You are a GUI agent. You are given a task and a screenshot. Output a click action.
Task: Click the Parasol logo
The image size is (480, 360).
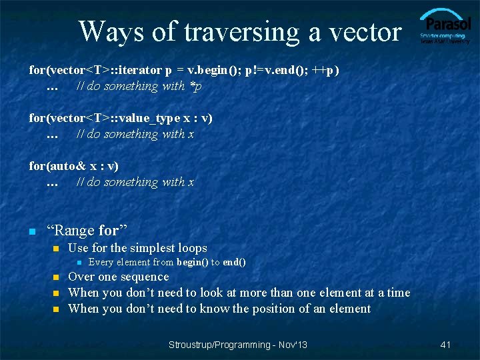pos(445,27)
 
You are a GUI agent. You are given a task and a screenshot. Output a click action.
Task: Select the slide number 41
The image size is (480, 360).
pos(446,345)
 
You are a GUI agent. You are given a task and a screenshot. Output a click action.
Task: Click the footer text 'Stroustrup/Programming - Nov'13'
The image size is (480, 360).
pos(238,345)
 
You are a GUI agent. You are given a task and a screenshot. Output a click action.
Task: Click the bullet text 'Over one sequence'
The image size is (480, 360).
pos(119,277)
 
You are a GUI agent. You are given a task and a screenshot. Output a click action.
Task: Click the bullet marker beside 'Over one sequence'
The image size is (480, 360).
pos(56,278)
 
